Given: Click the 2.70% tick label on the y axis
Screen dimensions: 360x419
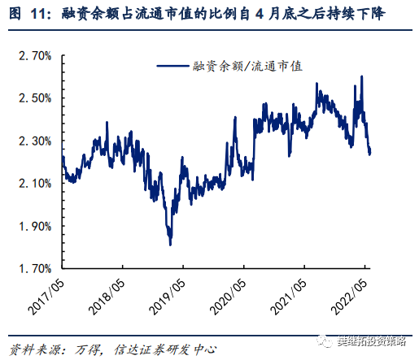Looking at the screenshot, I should click(35, 57).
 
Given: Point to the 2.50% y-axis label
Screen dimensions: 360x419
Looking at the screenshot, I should click(35, 98).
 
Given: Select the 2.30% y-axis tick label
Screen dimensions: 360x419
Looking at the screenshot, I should click(35, 141).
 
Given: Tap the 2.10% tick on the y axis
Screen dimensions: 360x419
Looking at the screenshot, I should click(35, 183).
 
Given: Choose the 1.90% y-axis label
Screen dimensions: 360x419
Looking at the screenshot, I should click(35, 225).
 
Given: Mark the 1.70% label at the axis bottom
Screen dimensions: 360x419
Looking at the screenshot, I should click(35, 267).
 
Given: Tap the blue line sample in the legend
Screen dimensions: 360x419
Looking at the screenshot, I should click(172, 67).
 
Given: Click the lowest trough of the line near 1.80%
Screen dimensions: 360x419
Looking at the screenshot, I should click(170, 244).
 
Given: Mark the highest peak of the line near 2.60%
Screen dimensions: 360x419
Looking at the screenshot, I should click(361, 76).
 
